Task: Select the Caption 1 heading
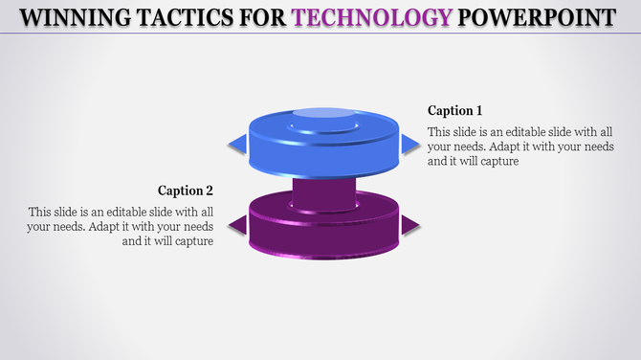(455, 110)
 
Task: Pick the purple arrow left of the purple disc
(236, 225)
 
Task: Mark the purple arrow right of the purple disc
(410, 225)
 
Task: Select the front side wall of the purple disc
(324, 239)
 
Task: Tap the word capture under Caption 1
(497, 162)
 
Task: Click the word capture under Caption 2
(191, 241)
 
